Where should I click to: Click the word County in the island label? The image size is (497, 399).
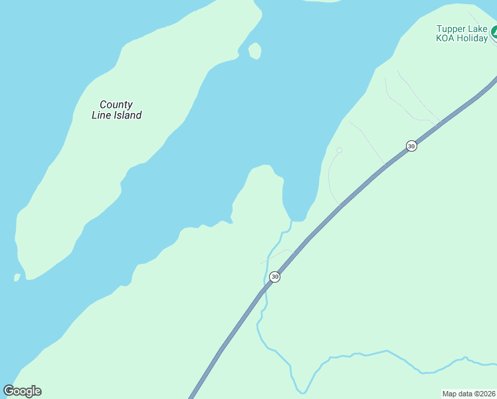pos(116,104)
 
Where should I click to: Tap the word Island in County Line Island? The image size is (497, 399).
pos(127,115)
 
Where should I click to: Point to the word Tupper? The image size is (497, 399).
pos(449,29)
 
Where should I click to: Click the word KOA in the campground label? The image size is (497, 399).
pos(445,38)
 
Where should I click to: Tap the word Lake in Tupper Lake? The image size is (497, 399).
pos(477,29)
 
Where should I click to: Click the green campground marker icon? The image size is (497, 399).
pos(494,32)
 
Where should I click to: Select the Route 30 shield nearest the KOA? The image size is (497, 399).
pos(411,146)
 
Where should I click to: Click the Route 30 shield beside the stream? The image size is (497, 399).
pos(274,277)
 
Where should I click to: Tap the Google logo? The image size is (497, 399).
pos(23,391)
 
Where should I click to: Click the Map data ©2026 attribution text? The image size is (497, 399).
pos(469,394)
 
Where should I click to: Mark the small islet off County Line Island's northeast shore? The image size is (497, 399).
pos(254,51)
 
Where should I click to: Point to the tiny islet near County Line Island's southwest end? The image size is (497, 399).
pos(17,277)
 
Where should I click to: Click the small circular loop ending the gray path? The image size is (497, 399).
pos(339,150)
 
